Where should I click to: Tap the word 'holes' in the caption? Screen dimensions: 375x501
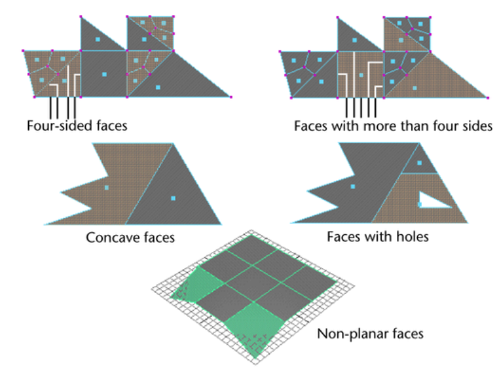[x=409, y=236]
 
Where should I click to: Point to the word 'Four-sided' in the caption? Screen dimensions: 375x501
[x=54, y=125]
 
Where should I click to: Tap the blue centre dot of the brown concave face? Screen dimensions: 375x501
[x=106, y=188]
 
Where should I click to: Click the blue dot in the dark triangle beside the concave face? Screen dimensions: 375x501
[x=173, y=198]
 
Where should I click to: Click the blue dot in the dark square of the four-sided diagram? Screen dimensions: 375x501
[x=103, y=75]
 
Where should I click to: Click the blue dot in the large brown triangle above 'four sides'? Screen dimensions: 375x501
[x=415, y=87]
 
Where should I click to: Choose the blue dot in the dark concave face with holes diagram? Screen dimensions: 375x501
[x=353, y=187]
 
